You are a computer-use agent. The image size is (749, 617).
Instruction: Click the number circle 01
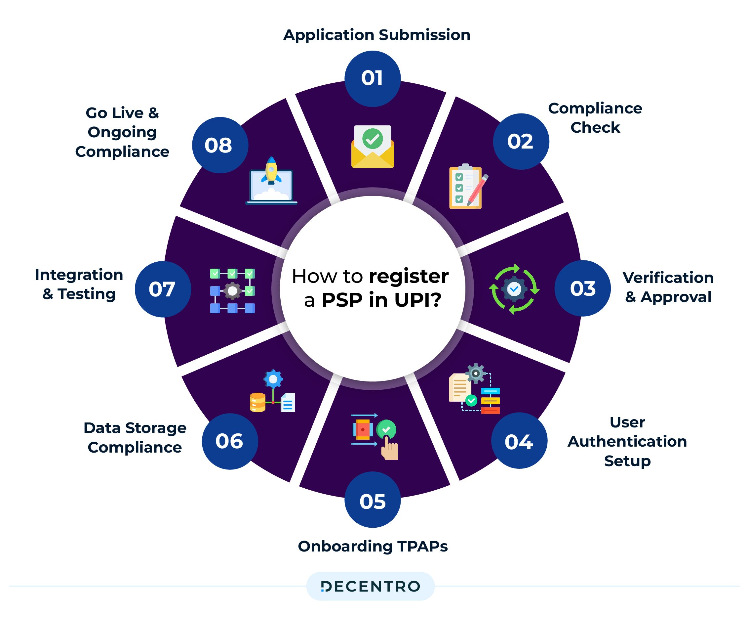[x=372, y=78]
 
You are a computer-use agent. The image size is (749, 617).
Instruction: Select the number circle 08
[x=220, y=145]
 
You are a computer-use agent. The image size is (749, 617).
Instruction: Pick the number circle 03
[x=582, y=288]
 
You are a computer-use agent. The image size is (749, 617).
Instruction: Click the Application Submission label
[x=376, y=35]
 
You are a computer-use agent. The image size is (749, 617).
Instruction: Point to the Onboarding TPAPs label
[x=373, y=546]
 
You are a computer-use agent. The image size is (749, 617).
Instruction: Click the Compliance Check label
[x=595, y=118]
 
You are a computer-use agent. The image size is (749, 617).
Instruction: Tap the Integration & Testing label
[x=79, y=284]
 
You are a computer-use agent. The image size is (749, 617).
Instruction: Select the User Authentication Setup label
[x=627, y=441]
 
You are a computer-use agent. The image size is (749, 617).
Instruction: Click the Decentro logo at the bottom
[x=371, y=587]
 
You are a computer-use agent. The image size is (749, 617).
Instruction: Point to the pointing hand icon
[x=389, y=449]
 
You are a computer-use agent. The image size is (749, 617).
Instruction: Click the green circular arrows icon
[x=514, y=288]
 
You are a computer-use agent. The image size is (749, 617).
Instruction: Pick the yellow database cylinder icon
[x=257, y=402]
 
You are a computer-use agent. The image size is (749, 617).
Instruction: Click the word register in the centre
[x=409, y=276]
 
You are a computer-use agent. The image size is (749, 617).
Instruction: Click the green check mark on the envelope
[x=372, y=139]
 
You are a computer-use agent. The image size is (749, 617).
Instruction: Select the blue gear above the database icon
[x=273, y=379]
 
